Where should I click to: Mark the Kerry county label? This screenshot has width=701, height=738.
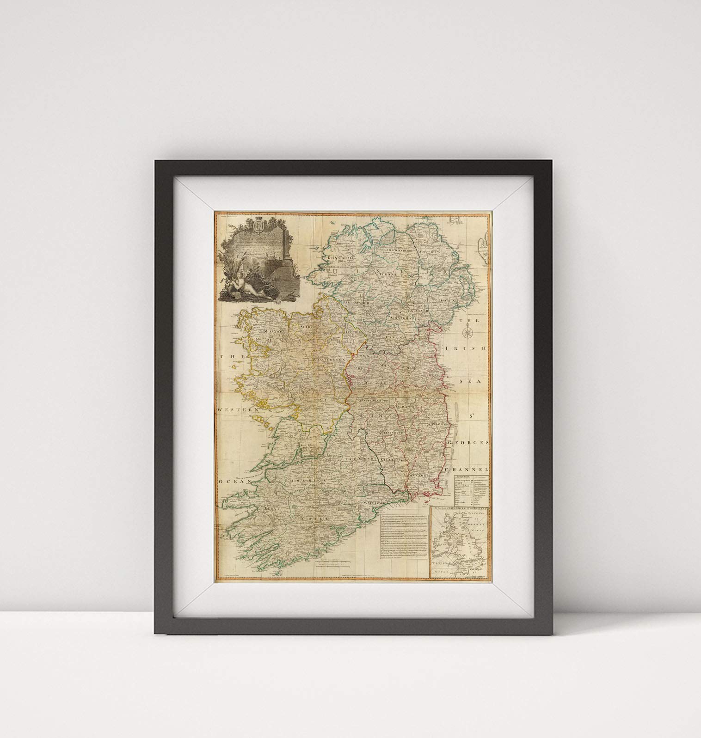(x=270, y=507)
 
